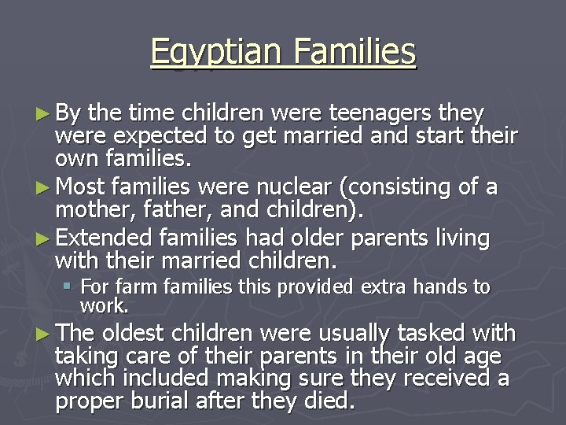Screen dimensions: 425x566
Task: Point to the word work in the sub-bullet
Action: click(104, 305)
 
